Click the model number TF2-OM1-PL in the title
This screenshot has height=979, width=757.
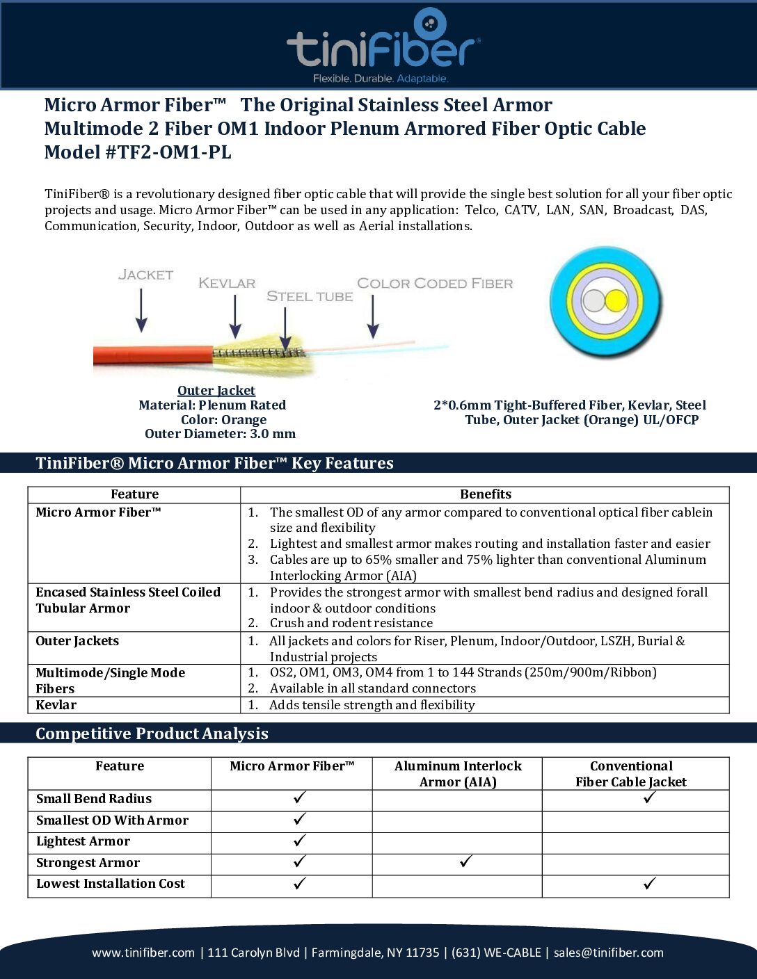[x=168, y=152]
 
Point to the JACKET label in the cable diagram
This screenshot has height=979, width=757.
[x=145, y=275]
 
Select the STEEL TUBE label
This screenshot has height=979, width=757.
[x=310, y=296]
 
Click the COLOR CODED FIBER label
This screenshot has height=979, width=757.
[x=435, y=283]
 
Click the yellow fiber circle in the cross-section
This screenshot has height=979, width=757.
[x=616, y=301]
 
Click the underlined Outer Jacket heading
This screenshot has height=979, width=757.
[x=216, y=390]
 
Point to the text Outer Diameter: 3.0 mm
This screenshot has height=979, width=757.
[x=220, y=434]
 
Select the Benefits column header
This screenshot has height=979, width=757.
[x=485, y=494]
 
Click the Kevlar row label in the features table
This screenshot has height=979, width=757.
[x=56, y=705]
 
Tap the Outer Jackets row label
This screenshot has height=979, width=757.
[x=77, y=641]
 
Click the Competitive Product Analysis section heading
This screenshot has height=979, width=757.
[x=152, y=734]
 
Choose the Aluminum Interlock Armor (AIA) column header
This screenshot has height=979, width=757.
[x=458, y=774]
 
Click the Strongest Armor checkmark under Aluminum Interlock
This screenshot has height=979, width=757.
[x=466, y=862]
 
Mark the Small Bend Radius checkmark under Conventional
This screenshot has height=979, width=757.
[x=650, y=798]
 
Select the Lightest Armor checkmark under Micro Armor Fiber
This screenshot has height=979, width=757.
[x=300, y=841]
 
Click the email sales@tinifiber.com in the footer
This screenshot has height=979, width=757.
[x=608, y=953]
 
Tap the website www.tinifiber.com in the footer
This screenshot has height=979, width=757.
[x=143, y=953]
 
